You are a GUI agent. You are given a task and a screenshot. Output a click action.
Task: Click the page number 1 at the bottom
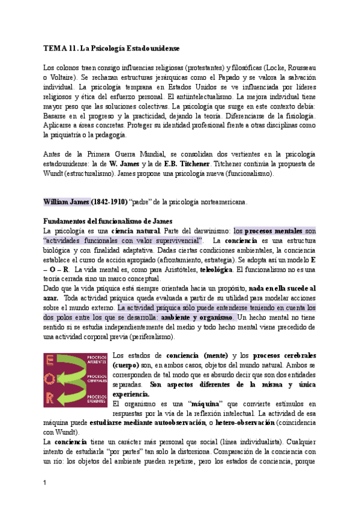coord(45,483)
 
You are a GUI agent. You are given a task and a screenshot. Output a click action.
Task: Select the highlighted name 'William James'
coord(66,202)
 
